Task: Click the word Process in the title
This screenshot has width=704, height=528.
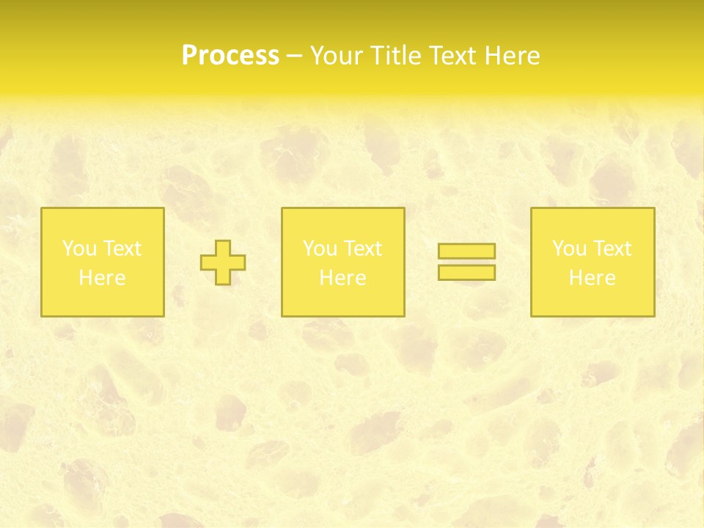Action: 230,56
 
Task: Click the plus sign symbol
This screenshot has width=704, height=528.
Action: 223,263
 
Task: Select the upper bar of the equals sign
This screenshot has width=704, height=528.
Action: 466,252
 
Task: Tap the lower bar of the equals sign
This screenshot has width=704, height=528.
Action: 466,272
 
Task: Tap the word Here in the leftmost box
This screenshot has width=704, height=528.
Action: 102,278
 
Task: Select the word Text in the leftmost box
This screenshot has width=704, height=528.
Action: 121,249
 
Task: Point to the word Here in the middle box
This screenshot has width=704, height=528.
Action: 343,278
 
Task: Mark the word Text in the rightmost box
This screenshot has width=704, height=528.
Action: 612,249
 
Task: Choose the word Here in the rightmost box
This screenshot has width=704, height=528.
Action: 593,278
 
